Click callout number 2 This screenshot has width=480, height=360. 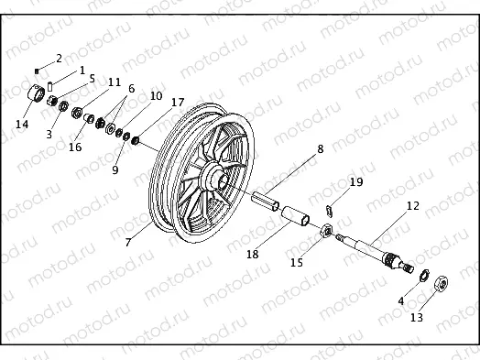click(60, 58)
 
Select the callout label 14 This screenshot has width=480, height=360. click(22, 124)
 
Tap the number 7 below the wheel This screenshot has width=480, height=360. click(127, 242)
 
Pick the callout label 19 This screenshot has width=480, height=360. click(356, 182)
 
